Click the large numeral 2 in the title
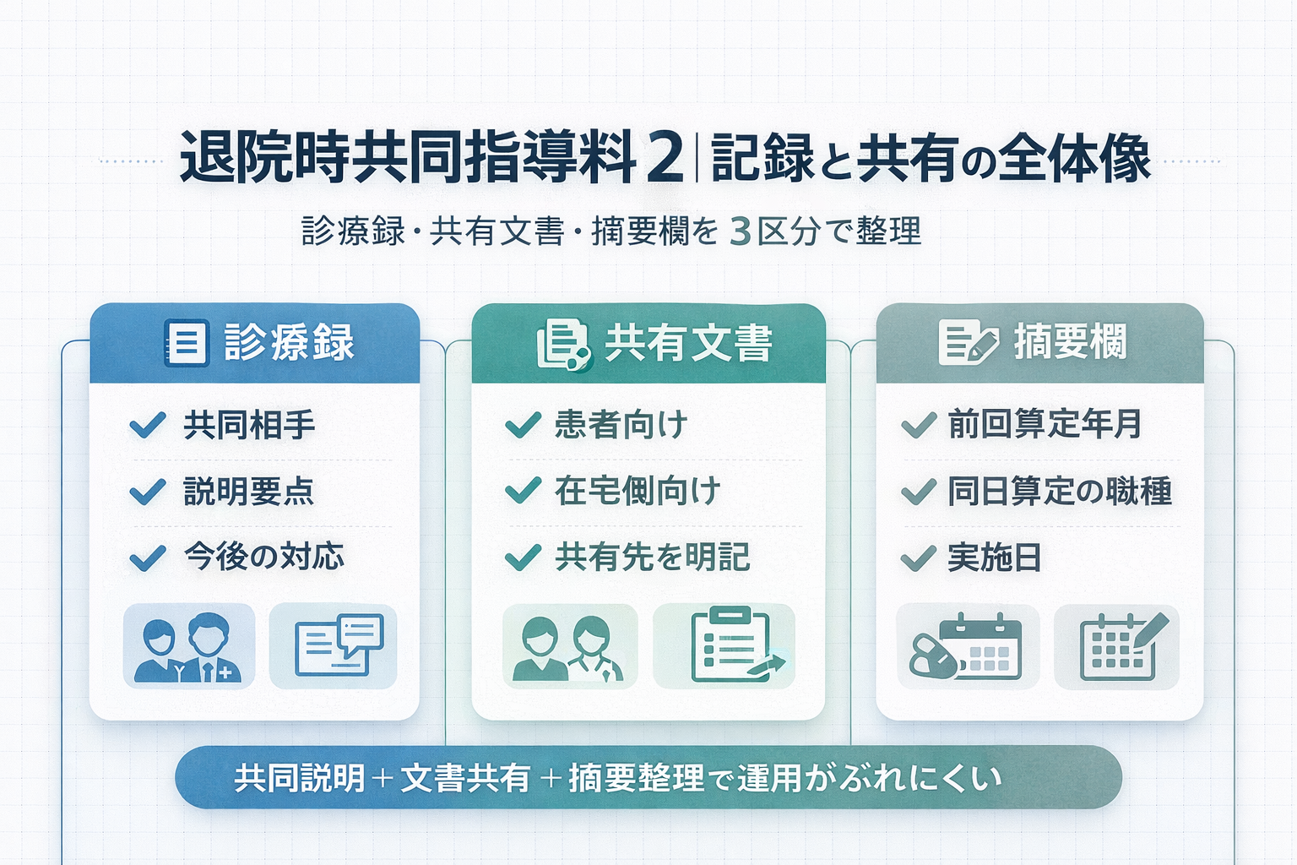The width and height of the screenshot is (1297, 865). pyautogui.click(x=665, y=158)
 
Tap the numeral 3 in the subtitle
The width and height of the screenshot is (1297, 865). pyautogui.click(x=740, y=231)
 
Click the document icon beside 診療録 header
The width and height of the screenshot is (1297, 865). pyautogui.click(x=187, y=343)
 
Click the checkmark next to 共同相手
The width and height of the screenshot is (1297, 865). pyautogui.click(x=148, y=425)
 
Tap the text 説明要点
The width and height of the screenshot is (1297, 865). pyautogui.click(x=249, y=491)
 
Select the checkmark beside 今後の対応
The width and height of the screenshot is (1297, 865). pyautogui.click(x=148, y=558)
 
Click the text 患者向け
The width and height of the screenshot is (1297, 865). pyautogui.click(x=621, y=424)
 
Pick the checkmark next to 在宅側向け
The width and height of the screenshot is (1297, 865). pyautogui.click(x=523, y=490)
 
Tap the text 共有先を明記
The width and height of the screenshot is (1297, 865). pyautogui.click(x=652, y=558)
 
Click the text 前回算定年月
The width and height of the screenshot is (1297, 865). pyautogui.click(x=1045, y=424)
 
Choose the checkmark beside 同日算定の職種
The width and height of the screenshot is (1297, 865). pyautogui.click(x=919, y=491)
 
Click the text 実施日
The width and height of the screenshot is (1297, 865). pyautogui.click(x=994, y=558)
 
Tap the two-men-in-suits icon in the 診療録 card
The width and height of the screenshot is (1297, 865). pyautogui.click(x=189, y=647)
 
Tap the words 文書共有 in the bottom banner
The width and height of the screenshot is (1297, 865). pyautogui.click(x=465, y=778)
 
